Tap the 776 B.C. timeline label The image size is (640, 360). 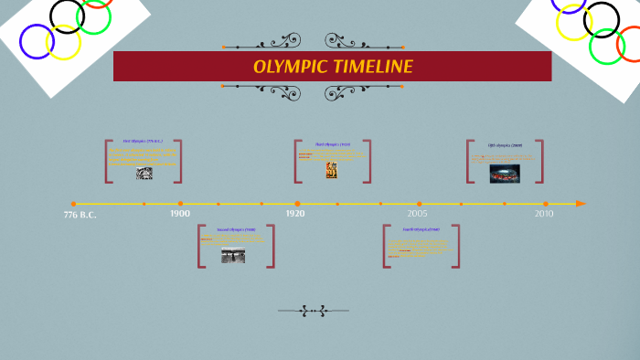click(x=80, y=215)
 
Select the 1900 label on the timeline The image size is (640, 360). click(x=180, y=213)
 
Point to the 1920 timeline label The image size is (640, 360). click(x=295, y=213)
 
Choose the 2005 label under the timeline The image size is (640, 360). click(x=418, y=213)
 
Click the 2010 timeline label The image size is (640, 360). click(x=544, y=213)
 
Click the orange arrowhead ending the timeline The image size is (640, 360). click(x=581, y=203)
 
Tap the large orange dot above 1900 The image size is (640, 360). click(x=180, y=203)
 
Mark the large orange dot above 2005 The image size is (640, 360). click(x=419, y=203)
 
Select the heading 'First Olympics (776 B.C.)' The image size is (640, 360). click(x=143, y=142)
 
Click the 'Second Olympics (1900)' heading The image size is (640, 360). click(x=235, y=230)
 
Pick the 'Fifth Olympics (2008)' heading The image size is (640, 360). click(x=505, y=145)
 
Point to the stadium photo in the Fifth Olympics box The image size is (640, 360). click(x=505, y=173)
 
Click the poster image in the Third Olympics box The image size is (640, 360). click(x=331, y=169)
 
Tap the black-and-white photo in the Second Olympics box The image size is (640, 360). click(x=233, y=256)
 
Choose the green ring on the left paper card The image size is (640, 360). click(x=94, y=16)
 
